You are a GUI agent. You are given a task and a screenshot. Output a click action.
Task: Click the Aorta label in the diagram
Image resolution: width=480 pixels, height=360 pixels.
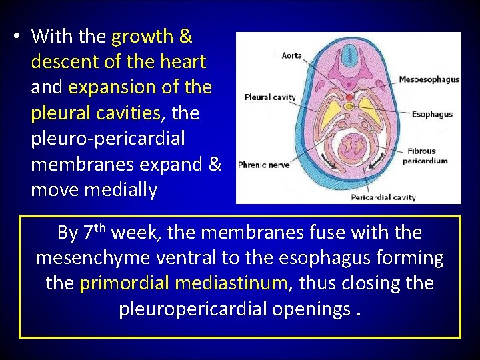[x=291, y=55]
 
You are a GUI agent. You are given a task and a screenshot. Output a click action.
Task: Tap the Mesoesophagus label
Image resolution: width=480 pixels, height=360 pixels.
[x=429, y=79]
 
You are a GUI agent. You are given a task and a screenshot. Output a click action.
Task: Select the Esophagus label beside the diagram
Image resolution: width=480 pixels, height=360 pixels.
[x=432, y=114]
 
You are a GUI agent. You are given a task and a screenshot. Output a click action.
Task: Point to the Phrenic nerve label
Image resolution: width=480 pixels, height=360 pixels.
[x=263, y=165]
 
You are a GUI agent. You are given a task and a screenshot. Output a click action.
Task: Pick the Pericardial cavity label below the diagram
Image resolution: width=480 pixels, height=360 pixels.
[x=383, y=197]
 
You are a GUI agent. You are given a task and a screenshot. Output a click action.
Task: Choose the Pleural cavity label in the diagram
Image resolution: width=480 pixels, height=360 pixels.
[x=270, y=97]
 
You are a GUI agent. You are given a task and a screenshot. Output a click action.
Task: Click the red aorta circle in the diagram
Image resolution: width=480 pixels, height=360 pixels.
[x=349, y=97]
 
